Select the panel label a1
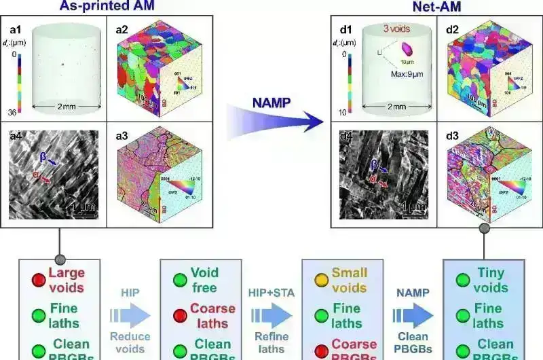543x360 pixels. tap(16, 31)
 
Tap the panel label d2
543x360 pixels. tap(457, 31)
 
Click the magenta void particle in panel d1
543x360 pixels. tap(407, 48)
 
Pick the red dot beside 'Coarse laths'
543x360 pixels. tap(179, 316)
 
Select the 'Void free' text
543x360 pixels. tap(204, 280)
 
